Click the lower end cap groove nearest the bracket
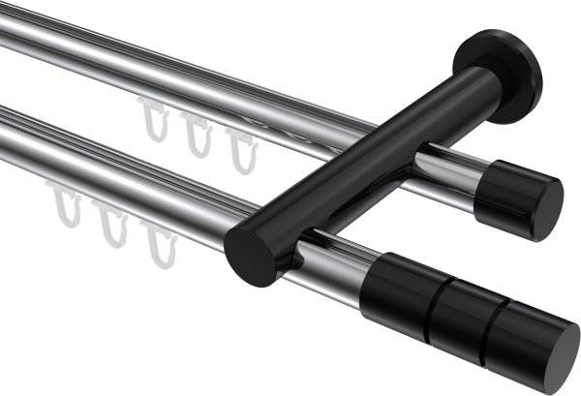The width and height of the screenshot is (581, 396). (430, 299)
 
